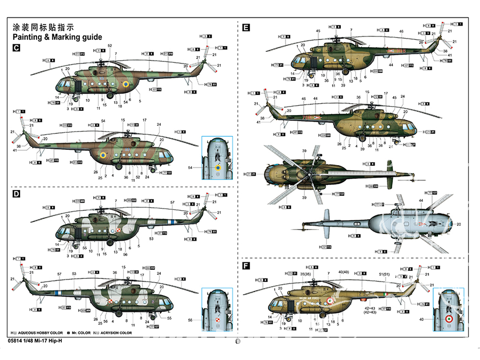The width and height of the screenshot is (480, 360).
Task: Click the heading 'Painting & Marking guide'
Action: point(57,37)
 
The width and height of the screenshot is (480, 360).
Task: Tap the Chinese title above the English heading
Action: point(44,27)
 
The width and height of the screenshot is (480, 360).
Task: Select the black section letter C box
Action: point(16,48)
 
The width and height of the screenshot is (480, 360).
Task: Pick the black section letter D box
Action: point(16,194)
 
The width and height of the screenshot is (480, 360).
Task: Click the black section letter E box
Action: point(246,28)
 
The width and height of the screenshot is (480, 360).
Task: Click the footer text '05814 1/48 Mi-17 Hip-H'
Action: point(35,341)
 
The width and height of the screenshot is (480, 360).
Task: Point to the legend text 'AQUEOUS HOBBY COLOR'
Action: point(40,333)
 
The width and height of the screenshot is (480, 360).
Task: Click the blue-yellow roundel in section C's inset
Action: point(218,168)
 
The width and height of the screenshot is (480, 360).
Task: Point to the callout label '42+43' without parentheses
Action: point(370,309)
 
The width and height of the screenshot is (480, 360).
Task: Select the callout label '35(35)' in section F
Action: point(306,274)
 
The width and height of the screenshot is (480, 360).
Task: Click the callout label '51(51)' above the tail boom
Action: point(384,274)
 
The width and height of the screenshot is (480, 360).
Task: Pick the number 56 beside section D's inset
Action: point(190,320)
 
